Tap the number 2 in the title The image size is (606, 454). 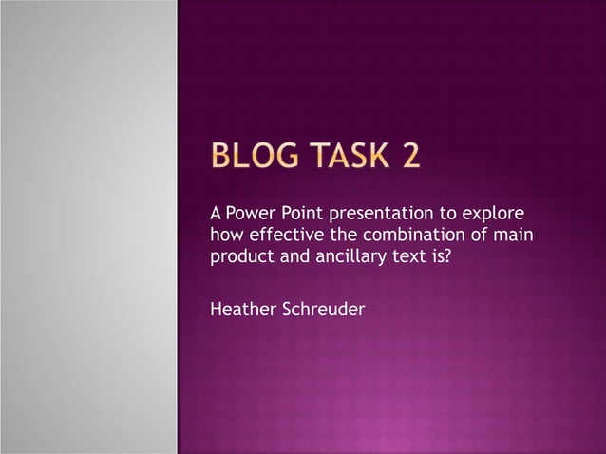pos(410,155)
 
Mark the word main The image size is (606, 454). pos(512,234)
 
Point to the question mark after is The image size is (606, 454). pos(446,256)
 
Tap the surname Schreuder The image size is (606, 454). pos(323,309)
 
